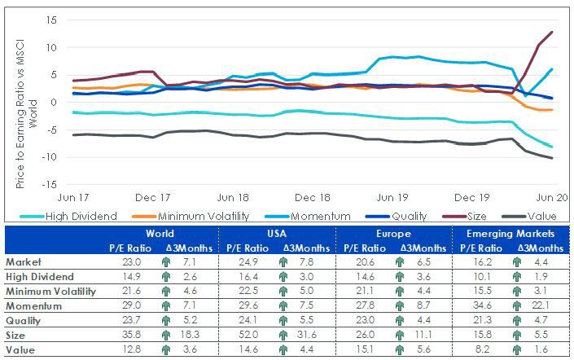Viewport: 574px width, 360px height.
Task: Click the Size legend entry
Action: click(x=464, y=217)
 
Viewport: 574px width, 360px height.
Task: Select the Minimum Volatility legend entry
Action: click(x=191, y=217)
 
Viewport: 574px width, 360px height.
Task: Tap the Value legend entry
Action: click(x=529, y=217)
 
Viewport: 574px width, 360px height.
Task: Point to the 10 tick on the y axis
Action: click(x=51, y=47)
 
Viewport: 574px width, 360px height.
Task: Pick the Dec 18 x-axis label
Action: click(x=313, y=198)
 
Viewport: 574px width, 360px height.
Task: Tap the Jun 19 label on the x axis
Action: click(x=392, y=198)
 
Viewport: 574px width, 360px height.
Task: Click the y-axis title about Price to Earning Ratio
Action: click(x=25, y=113)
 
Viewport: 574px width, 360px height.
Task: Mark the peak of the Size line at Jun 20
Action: click(x=552, y=33)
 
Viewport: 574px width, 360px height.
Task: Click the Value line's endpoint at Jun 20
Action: click(x=552, y=158)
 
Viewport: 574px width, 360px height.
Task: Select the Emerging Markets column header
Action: click(x=510, y=234)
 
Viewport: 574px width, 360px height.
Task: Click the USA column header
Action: click(x=277, y=234)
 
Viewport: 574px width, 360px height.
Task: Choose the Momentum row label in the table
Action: click(x=33, y=305)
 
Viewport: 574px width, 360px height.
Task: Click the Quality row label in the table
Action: click(x=23, y=321)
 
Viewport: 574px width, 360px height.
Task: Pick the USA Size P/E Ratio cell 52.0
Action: click(x=248, y=335)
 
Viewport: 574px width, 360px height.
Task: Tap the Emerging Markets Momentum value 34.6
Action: click(x=482, y=305)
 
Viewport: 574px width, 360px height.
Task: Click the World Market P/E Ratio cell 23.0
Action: click(x=131, y=262)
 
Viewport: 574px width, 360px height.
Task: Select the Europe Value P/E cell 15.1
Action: click(x=365, y=349)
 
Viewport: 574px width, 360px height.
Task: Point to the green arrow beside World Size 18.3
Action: click(x=166, y=335)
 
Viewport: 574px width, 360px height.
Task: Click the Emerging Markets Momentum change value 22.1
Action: click(x=541, y=305)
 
